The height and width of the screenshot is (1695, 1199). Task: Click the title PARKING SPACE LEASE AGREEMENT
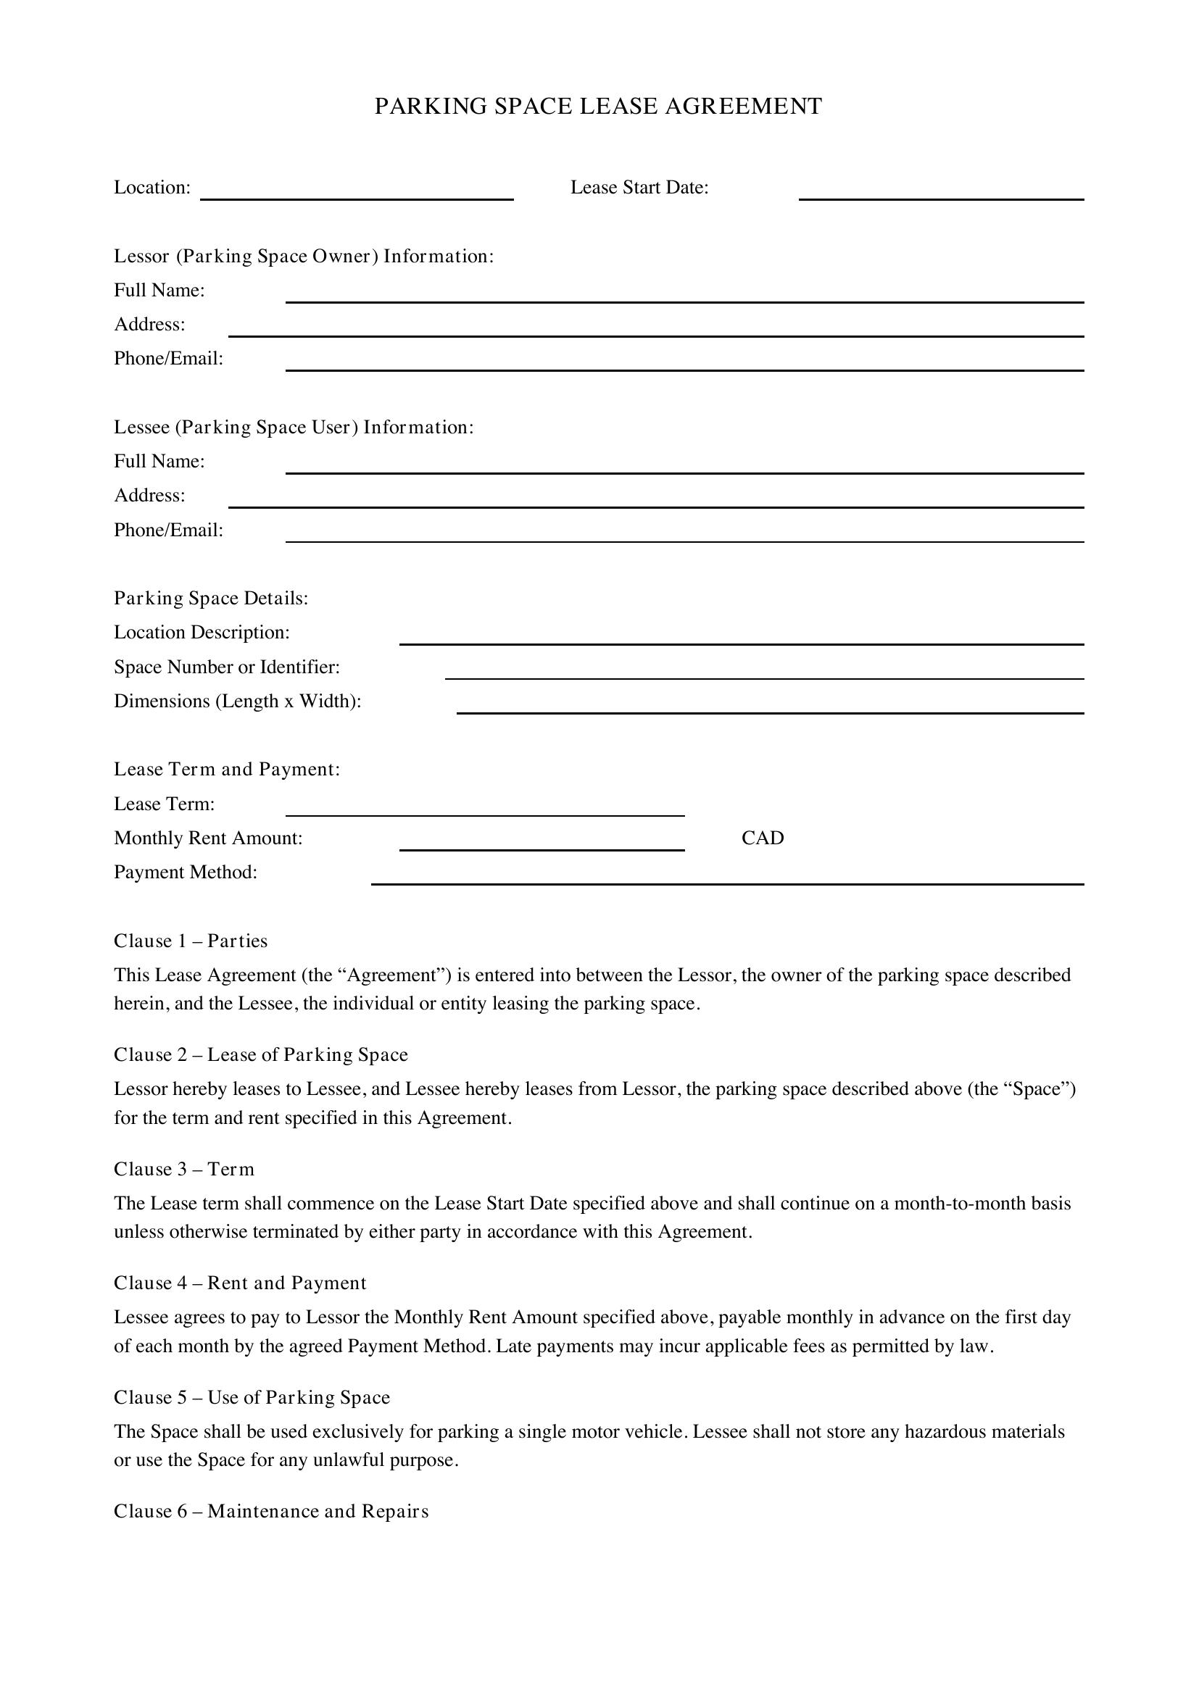click(598, 107)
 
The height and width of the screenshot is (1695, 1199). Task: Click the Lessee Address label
click(150, 496)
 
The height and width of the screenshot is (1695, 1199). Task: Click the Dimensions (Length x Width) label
click(238, 701)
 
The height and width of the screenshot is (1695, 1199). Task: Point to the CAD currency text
click(763, 838)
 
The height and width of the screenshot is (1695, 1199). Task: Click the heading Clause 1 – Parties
click(191, 941)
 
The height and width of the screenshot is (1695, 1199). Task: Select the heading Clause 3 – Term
click(184, 1169)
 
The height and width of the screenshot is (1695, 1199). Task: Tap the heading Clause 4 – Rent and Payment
click(240, 1283)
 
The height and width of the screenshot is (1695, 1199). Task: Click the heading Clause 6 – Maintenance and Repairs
click(271, 1511)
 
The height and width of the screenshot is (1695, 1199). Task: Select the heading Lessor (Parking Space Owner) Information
click(304, 256)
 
